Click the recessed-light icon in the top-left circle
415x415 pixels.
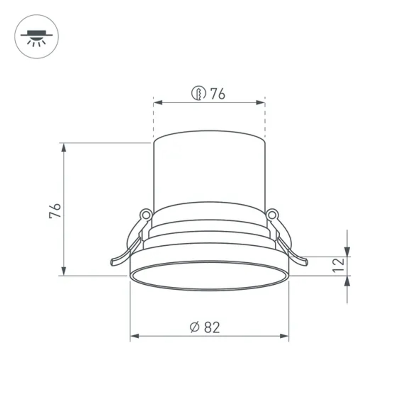(x=37, y=37)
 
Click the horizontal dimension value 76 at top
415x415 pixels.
(x=217, y=94)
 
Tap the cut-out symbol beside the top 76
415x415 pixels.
(x=199, y=93)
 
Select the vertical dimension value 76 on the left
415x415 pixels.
(x=56, y=211)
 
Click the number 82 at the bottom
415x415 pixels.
(x=212, y=327)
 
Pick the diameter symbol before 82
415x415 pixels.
(x=195, y=327)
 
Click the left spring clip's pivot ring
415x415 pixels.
(x=146, y=215)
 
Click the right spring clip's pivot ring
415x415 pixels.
(x=272, y=215)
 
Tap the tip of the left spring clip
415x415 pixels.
(x=113, y=262)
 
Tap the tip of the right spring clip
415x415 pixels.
(x=305, y=262)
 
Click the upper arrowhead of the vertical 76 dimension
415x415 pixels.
(x=64, y=147)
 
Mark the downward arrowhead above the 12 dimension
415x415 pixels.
(x=347, y=252)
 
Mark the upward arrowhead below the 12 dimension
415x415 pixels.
(x=347, y=281)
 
